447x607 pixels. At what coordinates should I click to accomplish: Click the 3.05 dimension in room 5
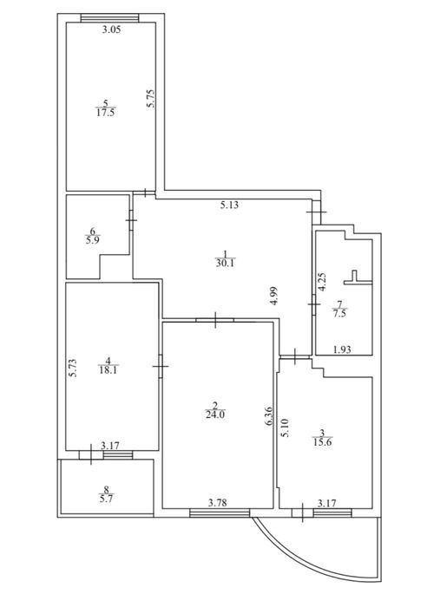[111, 29]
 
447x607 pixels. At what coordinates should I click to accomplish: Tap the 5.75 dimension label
[151, 99]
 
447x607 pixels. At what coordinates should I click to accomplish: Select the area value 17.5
[106, 113]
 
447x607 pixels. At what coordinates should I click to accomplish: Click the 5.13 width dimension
[229, 206]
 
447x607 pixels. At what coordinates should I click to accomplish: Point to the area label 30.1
[226, 264]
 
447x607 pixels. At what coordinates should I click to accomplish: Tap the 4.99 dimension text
[274, 297]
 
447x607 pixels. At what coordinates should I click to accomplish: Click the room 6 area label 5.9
[93, 240]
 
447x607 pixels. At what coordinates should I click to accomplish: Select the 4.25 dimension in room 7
[322, 282]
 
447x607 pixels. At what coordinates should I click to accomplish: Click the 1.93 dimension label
[343, 350]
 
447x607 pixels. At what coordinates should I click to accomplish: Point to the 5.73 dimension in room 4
[72, 369]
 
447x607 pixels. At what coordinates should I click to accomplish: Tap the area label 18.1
[108, 369]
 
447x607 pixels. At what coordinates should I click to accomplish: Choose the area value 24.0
[215, 414]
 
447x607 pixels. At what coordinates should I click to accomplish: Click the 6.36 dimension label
[269, 416]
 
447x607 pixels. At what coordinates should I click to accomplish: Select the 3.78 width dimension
[217, 503]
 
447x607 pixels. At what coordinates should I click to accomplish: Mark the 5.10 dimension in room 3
[286, 428]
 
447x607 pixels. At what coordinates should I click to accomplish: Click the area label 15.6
[323, 442]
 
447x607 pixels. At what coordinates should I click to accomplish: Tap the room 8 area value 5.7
[106, 499]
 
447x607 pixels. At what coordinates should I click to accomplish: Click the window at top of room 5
[109, 18]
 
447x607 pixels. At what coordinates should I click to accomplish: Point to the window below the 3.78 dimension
[220, 513]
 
